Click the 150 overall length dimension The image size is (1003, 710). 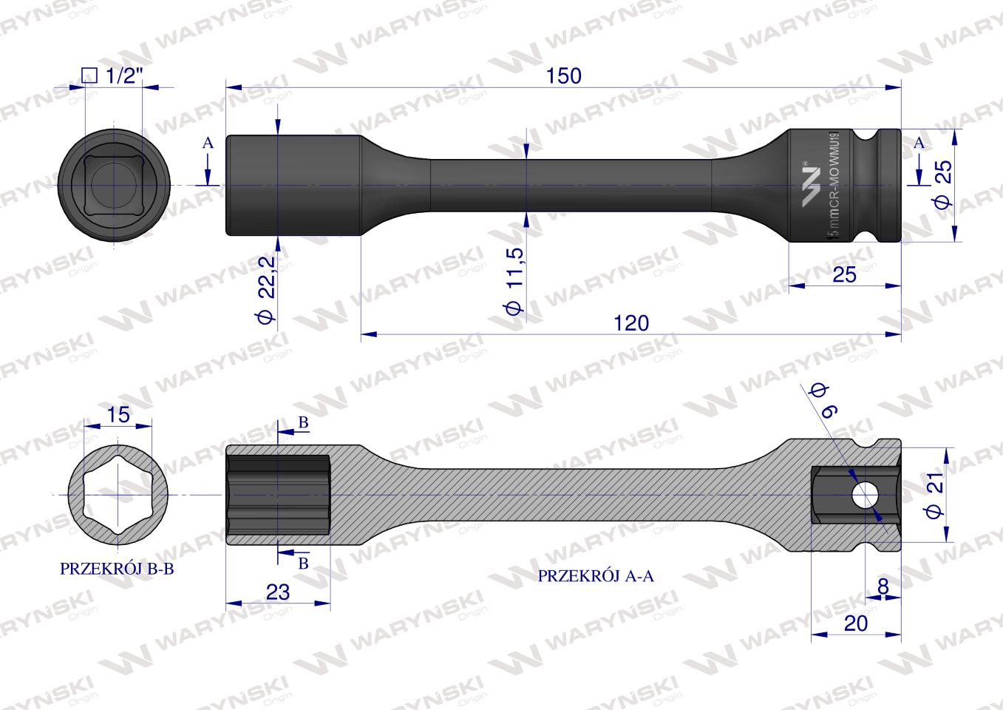pos(564,75)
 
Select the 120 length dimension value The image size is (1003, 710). pos(630,323)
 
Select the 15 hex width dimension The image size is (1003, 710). pos(118,415)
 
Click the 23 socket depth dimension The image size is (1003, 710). pos(277,592)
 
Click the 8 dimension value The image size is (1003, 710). pos(883,586)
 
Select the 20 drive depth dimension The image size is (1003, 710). pos(855,623)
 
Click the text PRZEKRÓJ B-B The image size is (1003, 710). pos(117,569)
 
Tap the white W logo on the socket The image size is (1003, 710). pos(811,186)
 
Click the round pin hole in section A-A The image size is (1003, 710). pos(863,495)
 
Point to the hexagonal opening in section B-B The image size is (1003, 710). pos(118,493)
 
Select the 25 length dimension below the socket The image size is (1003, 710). pos(844,274)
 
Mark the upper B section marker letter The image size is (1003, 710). pos(303,422)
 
